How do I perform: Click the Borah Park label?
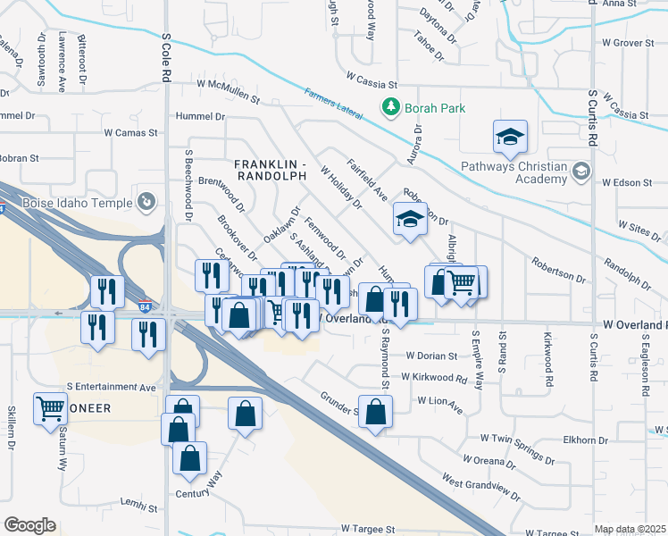(x=435, y=108)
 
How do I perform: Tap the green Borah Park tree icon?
(x=390, y=108)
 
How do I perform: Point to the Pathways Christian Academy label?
(x=514, y=172)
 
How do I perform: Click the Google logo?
(x=29, y=524)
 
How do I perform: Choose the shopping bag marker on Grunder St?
(x=376, y=412)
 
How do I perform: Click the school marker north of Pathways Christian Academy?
(x=510, y=137)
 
